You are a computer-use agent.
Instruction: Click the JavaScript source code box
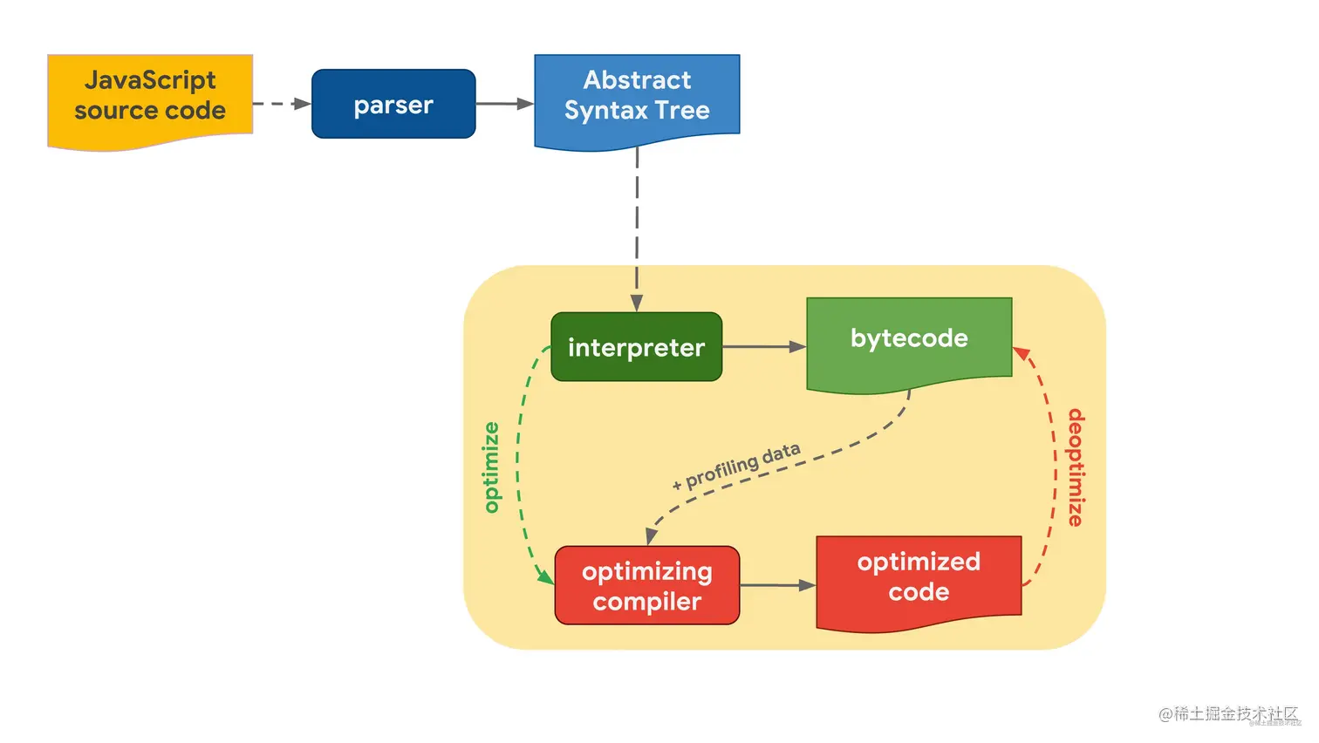click(x=150, y=99)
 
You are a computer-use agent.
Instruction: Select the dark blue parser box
click(x=393, y=104)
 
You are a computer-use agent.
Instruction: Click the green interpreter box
click(x=636, y=347)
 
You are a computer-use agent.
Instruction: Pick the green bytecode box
click(x=909, y=340)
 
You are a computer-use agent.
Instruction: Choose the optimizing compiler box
click(x=646, y=585)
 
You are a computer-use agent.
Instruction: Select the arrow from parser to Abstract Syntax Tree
click(x=504, y=104)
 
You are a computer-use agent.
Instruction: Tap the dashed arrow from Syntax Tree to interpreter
click(x=637, y=227)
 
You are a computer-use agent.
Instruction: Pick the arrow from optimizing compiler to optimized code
click(x=777, y=585)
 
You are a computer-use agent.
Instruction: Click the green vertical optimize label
click(x=492, y=467)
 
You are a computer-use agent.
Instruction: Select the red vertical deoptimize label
click(x=1076, y=467)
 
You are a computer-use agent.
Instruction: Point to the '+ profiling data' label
click(x=737, y=467)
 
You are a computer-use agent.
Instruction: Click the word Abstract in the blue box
click(x=637, y=80)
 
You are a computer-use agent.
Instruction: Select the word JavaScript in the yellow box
click(x=150, y=80)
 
